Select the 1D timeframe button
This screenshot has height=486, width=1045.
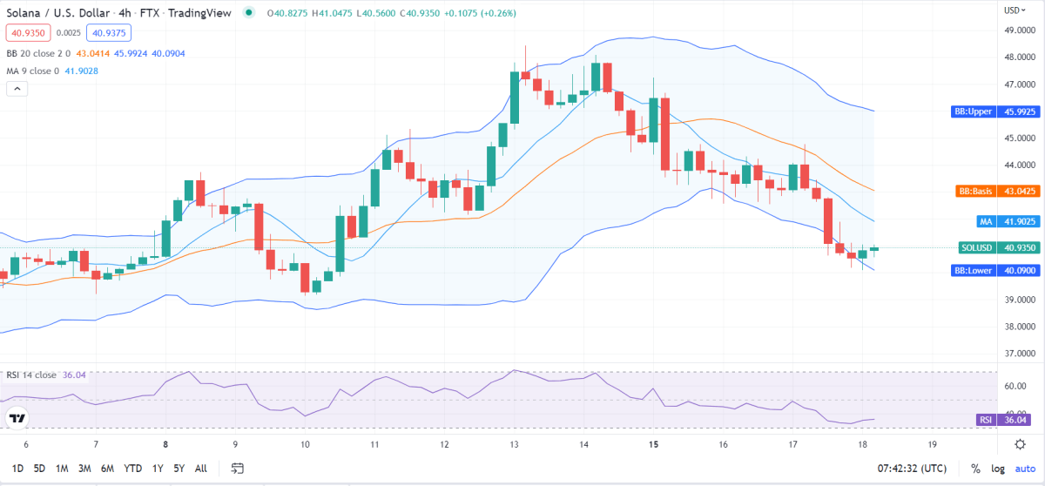point(17,468)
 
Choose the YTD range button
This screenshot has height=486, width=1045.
point(132,468)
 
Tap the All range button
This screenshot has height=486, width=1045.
point(200,468)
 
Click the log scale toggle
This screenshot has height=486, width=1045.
point(999,469)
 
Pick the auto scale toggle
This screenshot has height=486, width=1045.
point(1024,469)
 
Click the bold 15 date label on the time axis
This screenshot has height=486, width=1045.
point(653,444)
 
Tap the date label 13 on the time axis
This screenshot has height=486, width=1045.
point(514,444)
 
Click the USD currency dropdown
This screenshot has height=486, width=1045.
point(1012,10)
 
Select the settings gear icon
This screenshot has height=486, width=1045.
point(1020,444)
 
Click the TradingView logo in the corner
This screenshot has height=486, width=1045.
point(17,419)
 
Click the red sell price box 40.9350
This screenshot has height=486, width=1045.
point(27,33)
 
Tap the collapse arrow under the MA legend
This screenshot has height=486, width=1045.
point(17,88)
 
